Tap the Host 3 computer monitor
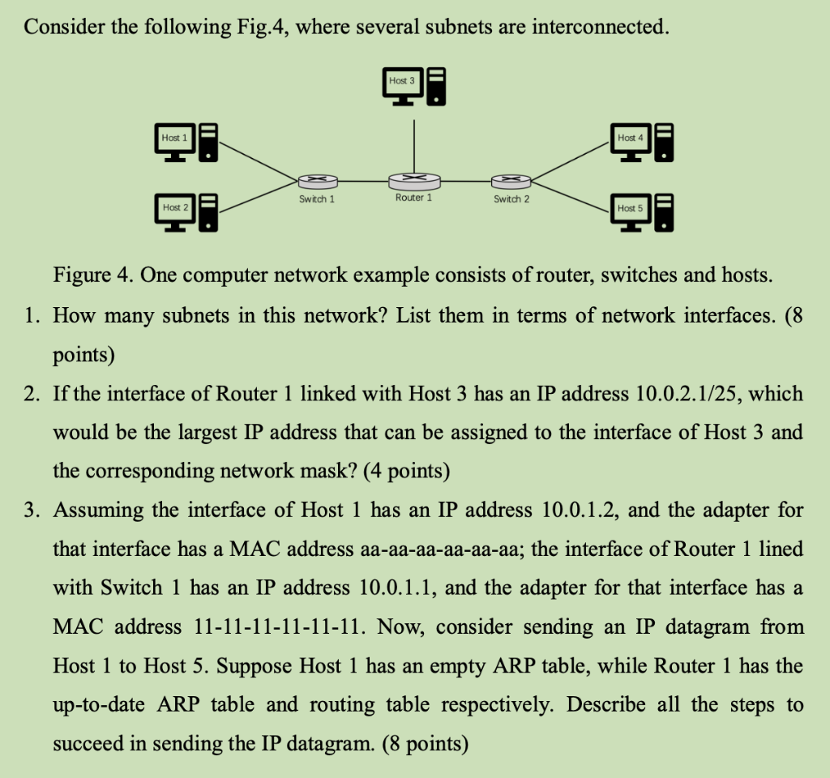coord(401,83)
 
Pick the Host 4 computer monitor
coord(631,139)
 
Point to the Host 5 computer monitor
coord(631,210)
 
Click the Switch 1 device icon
coord(316,182)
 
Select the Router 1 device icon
coord(414,181)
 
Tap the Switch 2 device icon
coord(511,182)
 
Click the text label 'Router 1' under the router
coord(413,198)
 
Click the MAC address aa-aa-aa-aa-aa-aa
coord(441,549)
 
